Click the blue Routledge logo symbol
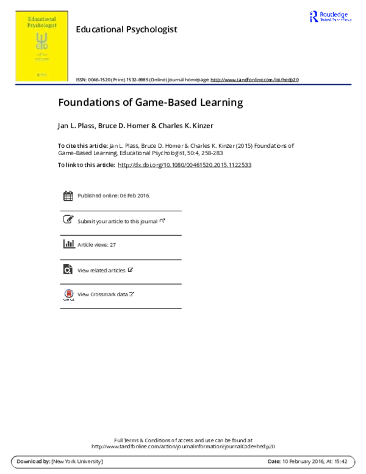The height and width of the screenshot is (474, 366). [x=314, y=16]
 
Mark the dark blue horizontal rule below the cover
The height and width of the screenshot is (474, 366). [x=183, y=85]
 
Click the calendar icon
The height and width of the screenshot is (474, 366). [x=68, y=196]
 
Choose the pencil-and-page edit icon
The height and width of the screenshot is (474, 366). [x=68, y=220]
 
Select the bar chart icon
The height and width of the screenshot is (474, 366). [x=68, y=244]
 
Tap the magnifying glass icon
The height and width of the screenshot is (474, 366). [x=68, y=270]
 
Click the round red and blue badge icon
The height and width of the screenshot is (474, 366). [x=68, y=294]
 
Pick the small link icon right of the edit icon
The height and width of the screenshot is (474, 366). [x=162, y=220]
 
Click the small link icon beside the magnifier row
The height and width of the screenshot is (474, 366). [x=131, y=269]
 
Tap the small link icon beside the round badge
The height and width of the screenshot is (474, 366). [x=131, y=294]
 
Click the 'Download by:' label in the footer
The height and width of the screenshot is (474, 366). [x=33, y=461]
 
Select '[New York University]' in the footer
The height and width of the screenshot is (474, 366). [x=77, y=461]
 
